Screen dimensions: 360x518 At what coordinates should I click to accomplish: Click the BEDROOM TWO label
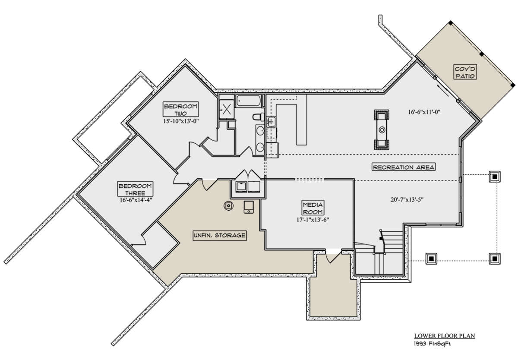click(x=180, y=110)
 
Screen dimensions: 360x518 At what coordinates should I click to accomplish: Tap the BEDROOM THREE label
click(x=135, y=189)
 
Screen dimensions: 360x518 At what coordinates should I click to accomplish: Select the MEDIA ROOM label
click(x=313, y=208)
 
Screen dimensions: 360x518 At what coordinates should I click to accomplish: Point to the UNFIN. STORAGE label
click(x=220, y=235)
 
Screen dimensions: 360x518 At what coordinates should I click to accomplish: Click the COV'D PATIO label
click(x=464, y=72)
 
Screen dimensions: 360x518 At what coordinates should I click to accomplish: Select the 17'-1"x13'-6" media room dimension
click(x=313, y=219)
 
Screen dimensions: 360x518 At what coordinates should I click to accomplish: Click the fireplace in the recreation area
click(x=382, y=129)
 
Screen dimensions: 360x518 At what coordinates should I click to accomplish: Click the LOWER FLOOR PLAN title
click(x=433, y=335)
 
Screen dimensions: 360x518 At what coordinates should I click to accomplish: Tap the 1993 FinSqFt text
click(x=430, y=344)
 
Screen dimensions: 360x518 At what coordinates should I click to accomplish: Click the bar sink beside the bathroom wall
click(x=271, y=122)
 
